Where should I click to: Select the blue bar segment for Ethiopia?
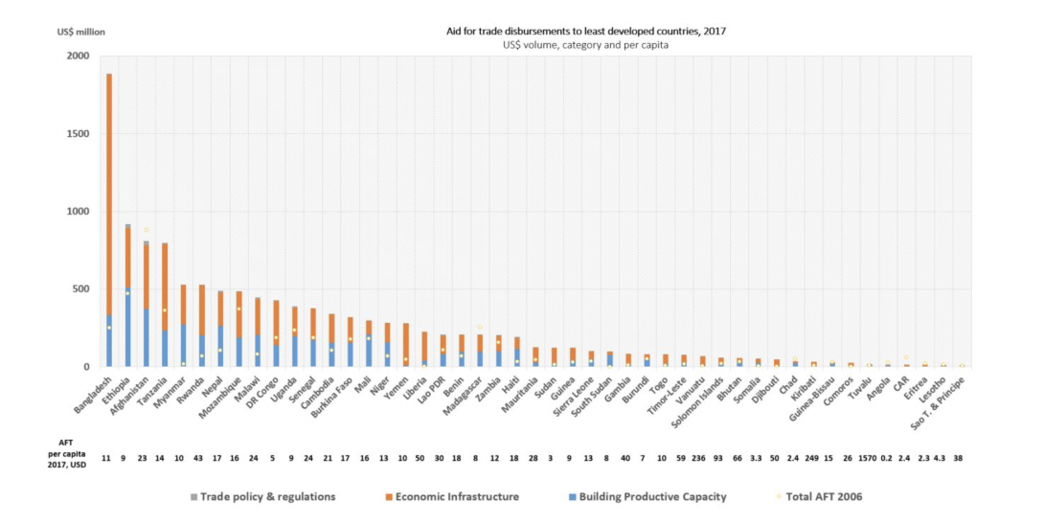127,326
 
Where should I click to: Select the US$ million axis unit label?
81,32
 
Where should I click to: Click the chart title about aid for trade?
580,31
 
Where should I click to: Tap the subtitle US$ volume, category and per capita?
580,44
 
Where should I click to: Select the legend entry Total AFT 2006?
824,496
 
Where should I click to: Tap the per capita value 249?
813,458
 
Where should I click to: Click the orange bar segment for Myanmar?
183,304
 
